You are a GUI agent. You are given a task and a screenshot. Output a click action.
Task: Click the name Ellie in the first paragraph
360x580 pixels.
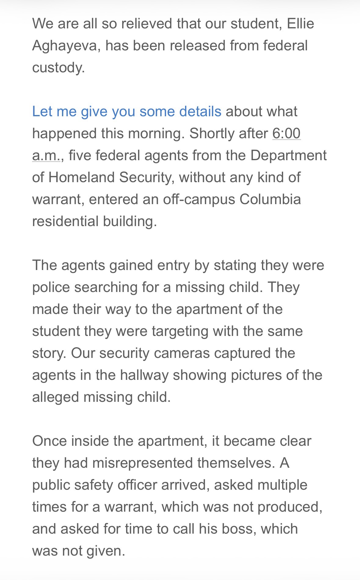pos(300,23)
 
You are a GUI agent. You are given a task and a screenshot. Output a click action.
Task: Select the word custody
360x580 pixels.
pos(58,67)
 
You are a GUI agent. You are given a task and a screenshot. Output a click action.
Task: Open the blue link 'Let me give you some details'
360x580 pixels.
pos(127,111)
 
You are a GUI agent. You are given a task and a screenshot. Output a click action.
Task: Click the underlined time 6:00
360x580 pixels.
pos(286,133)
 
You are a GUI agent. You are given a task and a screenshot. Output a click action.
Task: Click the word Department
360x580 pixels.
pos(289,155)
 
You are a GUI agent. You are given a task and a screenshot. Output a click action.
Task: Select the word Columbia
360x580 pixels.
pos(270,199)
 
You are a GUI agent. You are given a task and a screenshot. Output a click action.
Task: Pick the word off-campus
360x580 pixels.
pos(199,199)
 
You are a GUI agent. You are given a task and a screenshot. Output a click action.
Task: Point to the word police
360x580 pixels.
pos(51,287)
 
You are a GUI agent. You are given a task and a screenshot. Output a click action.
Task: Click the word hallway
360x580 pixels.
pos(144,375)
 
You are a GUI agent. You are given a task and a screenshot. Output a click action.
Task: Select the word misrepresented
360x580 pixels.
pos(143,463)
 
